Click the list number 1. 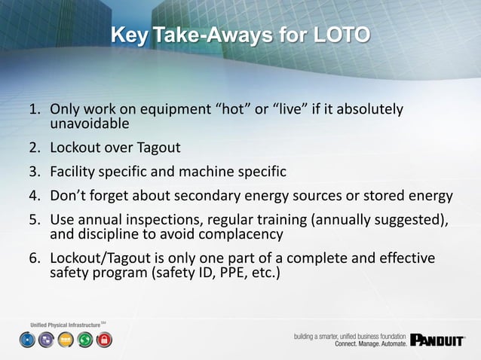(x=34, y=110)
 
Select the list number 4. (x=34, y=197)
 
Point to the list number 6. (x=34, y=258)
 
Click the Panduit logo (x=437, y=340)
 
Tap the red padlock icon (x=104, y=340)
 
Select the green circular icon (x=85, y=340)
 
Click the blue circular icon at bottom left (x=27, y=340)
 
